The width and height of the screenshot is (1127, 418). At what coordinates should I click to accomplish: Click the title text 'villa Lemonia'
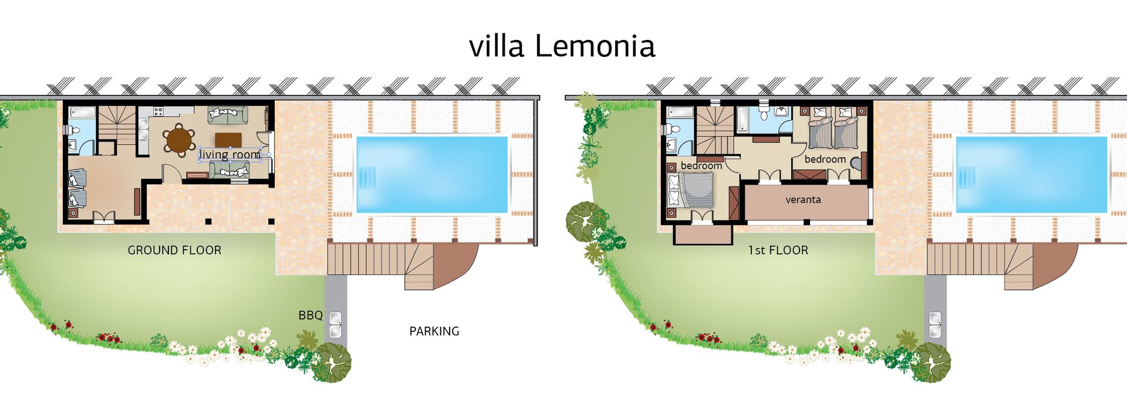(x=562, y=46)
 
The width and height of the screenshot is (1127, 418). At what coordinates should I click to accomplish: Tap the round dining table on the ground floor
(x=180, y=140)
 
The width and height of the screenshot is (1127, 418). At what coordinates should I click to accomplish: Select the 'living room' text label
(x=230, y=155)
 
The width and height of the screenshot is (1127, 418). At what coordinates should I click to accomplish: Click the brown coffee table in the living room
(x=228, y=140)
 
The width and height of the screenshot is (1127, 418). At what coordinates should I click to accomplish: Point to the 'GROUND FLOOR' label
(x=174, y=250)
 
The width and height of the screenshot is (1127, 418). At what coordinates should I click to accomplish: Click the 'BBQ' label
(x=311, y=315)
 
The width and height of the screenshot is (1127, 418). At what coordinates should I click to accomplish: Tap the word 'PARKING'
(x=434, y=331)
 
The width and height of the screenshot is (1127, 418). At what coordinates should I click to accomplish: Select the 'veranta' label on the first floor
(x=803, y=200)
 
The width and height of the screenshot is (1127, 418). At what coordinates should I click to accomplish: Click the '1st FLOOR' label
(x=778, y=250)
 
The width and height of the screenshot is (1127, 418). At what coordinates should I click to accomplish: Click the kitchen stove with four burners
(x=158, y=111)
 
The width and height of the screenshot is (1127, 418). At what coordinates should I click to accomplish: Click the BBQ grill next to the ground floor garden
(x=336, y=325)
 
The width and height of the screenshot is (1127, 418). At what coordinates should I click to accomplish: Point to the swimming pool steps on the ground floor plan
(x=366, y=175)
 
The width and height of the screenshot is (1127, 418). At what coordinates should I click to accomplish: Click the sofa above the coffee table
(x=228, y=114)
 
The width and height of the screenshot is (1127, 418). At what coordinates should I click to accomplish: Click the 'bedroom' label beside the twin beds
(x=825, y=159)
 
